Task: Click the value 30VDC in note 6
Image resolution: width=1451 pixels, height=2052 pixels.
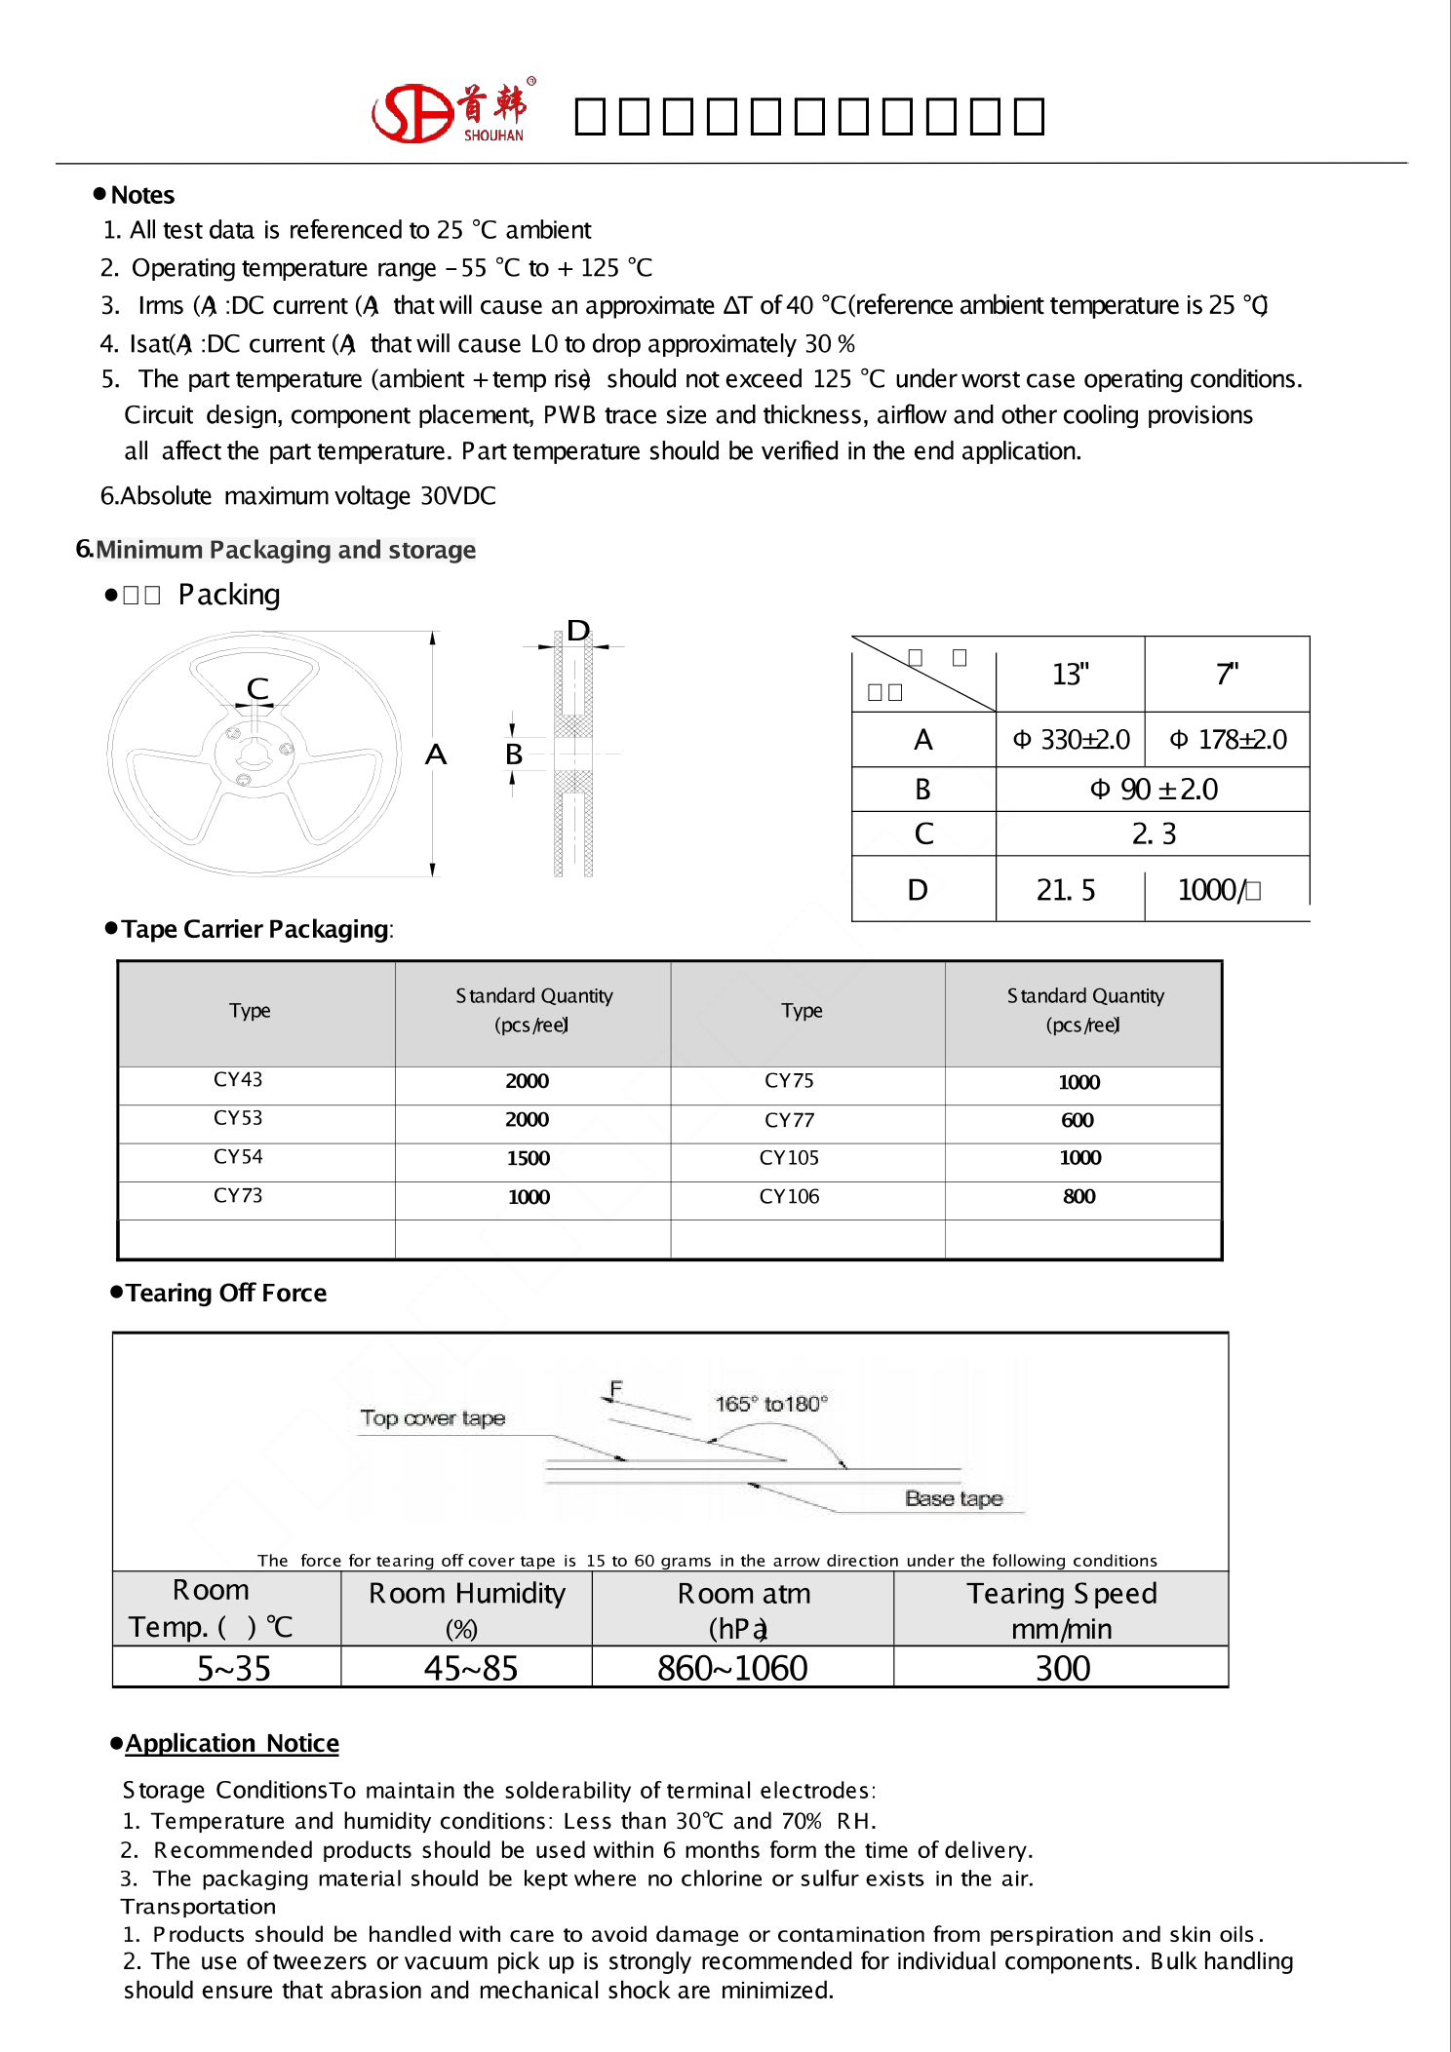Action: coord(457,496)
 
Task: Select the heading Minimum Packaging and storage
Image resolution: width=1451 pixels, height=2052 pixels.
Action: coord(285,550)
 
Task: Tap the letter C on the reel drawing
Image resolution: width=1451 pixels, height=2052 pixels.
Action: coord(257,688)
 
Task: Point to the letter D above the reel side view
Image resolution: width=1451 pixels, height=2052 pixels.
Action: coord(578,631)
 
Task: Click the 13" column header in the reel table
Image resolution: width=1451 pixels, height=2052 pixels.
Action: coord(1070,675)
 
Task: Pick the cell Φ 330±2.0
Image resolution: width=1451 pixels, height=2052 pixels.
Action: coord(1071,740)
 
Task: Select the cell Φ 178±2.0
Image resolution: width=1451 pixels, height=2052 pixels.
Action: coord(1228,740)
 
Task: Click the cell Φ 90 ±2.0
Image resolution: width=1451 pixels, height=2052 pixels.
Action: coord(1153,790)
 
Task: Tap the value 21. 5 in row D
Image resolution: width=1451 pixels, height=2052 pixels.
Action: coord(1066,890)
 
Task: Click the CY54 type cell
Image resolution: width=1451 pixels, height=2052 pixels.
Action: coord(238,1157)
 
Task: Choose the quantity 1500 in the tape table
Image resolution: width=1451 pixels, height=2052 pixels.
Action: coord(528,1158)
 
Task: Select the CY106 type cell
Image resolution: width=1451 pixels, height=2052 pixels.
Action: coord(789,1196)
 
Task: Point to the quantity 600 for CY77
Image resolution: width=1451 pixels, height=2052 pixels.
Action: coord(1078,1120)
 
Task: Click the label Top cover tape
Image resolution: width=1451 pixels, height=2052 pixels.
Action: coord(432,1418)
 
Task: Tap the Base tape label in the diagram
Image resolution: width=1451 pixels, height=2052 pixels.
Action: coord(953,1498)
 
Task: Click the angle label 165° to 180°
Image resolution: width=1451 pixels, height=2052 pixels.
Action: coord(770,1404)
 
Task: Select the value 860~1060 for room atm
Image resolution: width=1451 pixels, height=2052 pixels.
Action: coord(731,1668)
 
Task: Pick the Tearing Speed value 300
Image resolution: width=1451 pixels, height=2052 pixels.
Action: coord(1062,1668)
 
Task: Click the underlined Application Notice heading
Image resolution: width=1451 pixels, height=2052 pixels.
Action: coord(232,1743)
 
